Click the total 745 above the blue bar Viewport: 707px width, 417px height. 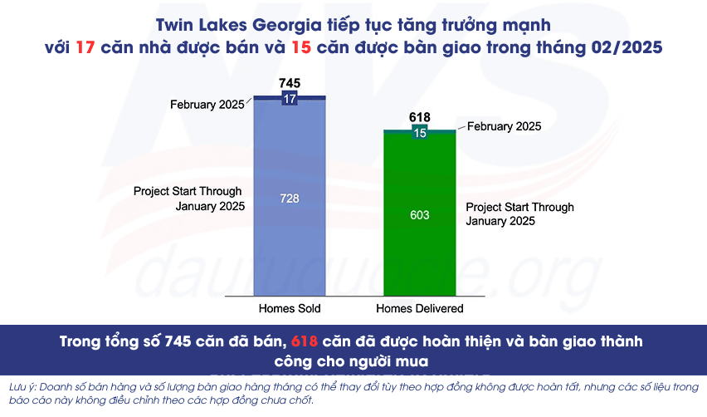pos(290,83)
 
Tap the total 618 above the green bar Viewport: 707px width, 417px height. pos(420,118)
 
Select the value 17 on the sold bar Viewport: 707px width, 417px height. pos(290,99)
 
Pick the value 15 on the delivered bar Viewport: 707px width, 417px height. pos(420,133)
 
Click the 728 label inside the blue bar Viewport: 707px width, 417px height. pos(290,199)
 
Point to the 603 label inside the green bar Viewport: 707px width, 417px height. pos(420,215)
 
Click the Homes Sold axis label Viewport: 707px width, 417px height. pos(290,308)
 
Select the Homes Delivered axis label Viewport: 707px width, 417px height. pos(420,308)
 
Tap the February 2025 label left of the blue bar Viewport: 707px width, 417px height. pos(207,105)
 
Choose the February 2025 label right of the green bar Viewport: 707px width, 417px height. pos(505,126)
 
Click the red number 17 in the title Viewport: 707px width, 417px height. pos(85,47)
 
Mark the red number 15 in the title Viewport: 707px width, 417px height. pos(301,47)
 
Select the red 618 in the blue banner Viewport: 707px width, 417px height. pos(308,342)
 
